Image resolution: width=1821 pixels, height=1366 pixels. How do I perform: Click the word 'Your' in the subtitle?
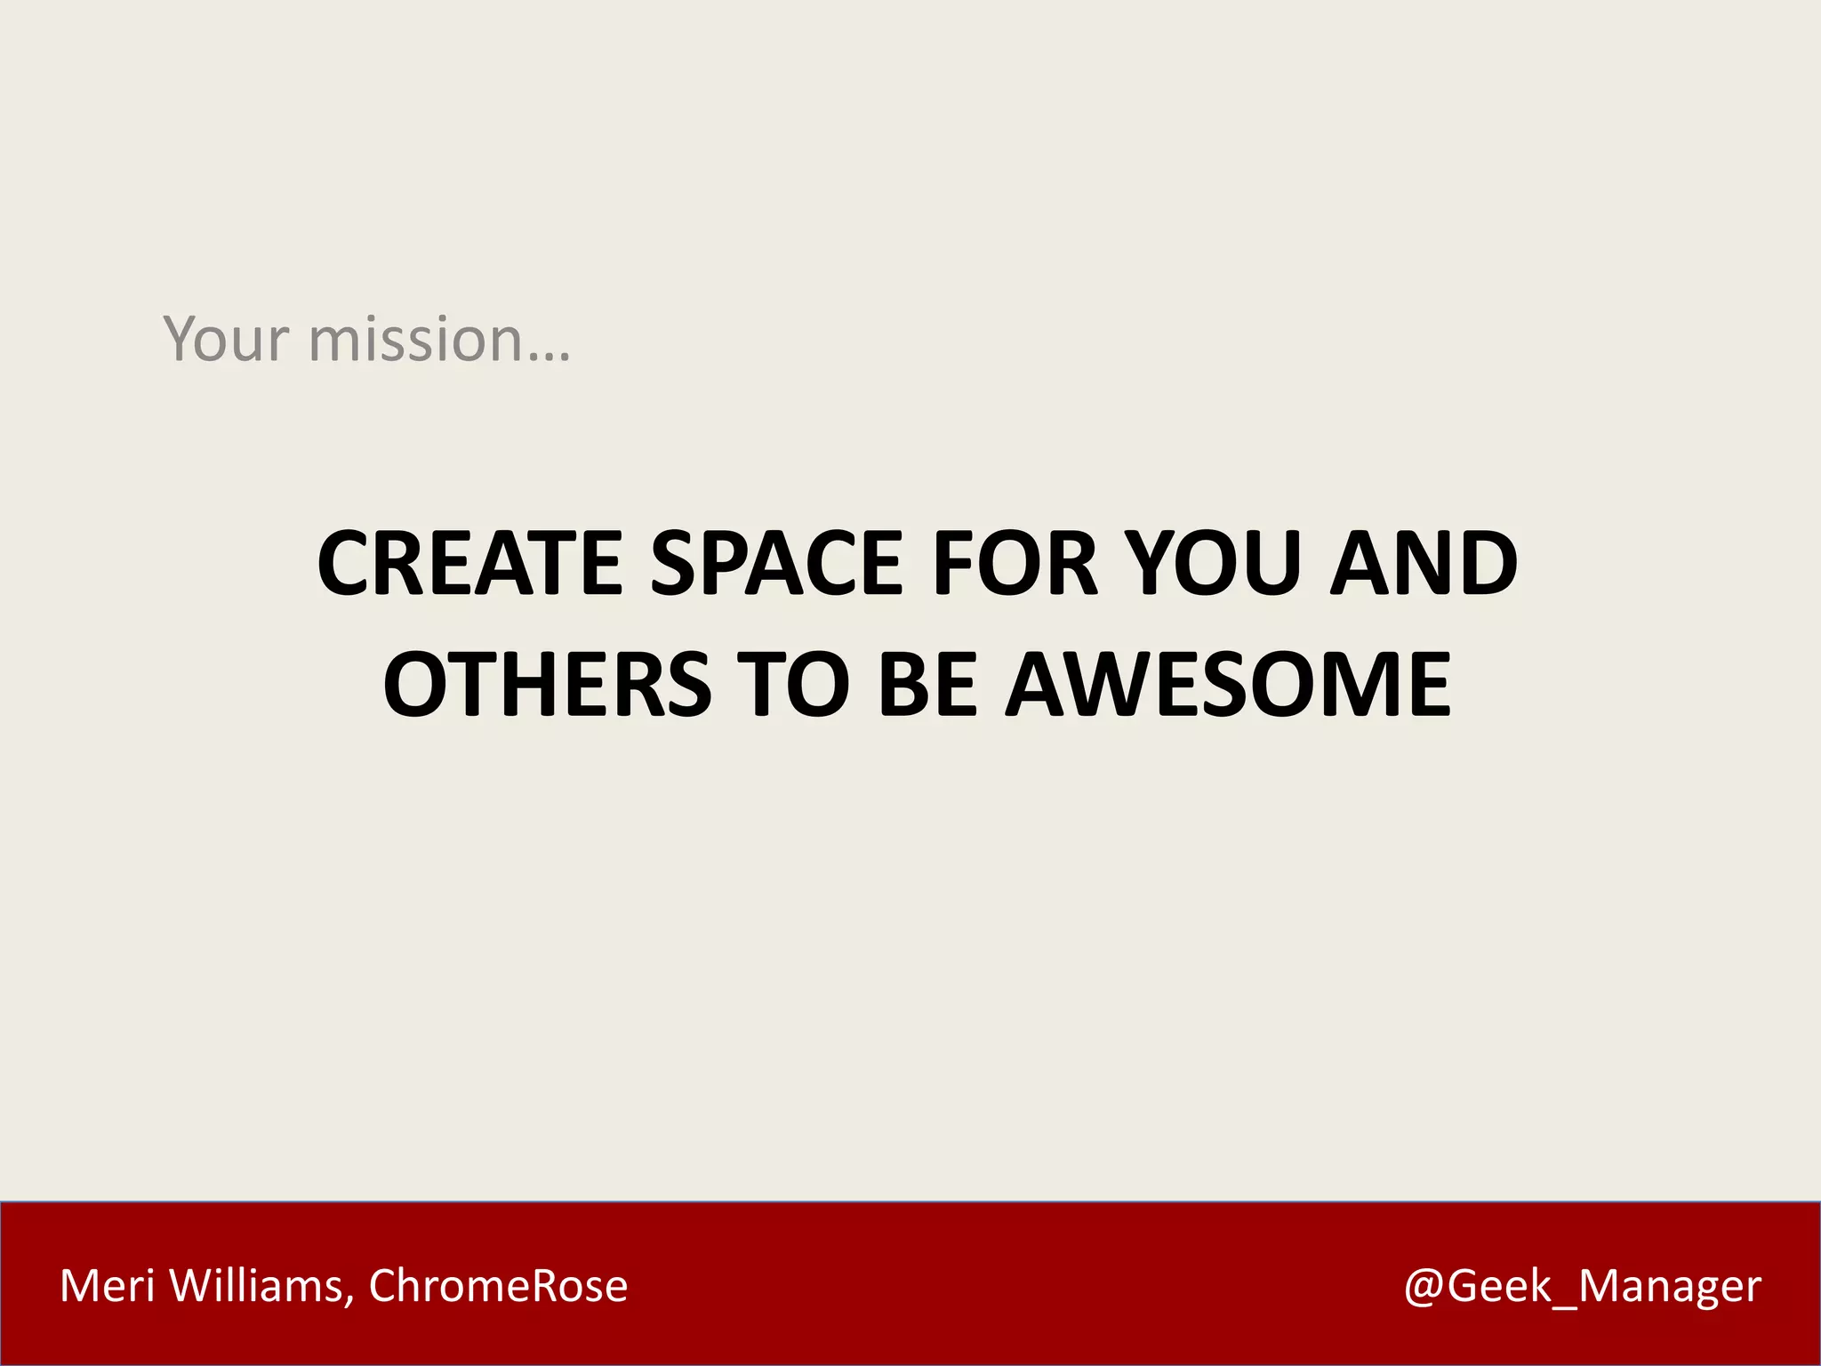coord(226,339)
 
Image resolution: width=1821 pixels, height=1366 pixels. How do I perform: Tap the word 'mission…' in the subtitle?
coord(439,339)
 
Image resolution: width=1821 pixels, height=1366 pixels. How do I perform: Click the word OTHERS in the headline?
coord(548,684)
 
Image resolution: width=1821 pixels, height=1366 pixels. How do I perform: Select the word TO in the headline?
coord(792,684)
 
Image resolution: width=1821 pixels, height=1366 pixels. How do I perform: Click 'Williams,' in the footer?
coord(261,1286)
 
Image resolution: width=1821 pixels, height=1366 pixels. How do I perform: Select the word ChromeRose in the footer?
coord(498,1286)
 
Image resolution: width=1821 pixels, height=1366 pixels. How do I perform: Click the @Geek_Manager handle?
coord(1582,1286)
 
